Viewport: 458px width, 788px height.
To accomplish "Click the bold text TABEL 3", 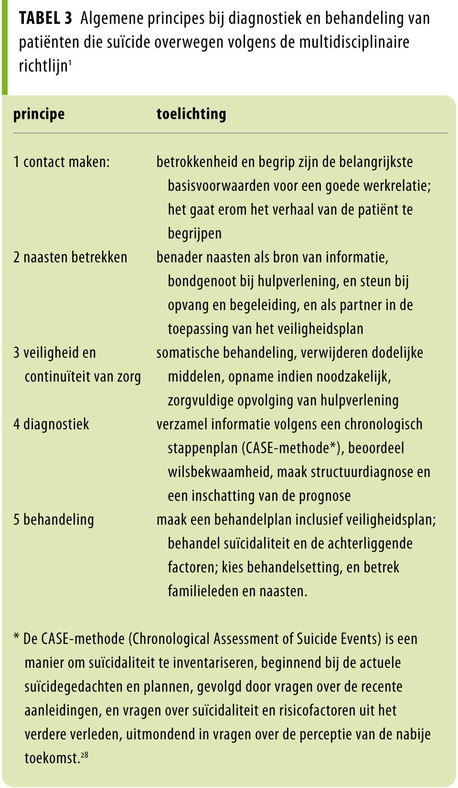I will pos(45,18).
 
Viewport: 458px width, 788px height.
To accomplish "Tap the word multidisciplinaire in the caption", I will pos(354,42).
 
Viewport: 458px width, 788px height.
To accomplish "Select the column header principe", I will pos(39,114).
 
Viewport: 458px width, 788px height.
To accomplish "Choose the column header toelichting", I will pos(191,114).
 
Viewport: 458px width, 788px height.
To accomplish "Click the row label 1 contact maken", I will pos(62,162).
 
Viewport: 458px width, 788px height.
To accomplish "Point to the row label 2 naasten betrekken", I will pos(70,258).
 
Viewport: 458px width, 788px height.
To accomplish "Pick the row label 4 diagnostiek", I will pos(51,425).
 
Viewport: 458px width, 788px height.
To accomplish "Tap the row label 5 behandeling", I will pos(53,520).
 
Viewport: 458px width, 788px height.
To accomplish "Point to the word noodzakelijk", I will pos(356,377).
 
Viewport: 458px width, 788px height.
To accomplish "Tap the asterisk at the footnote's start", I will pos(17,638).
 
